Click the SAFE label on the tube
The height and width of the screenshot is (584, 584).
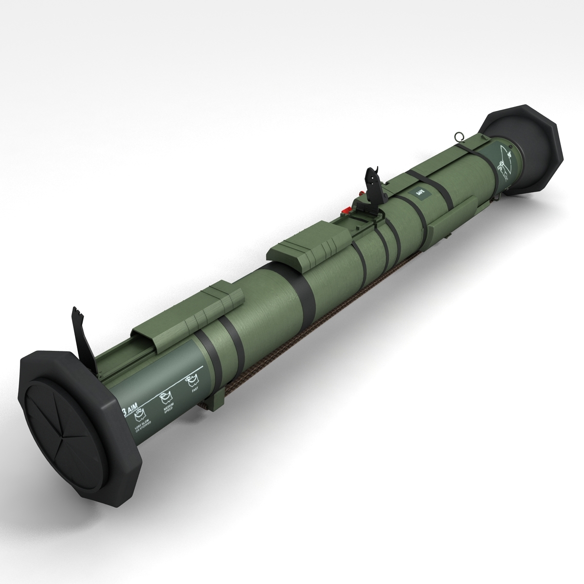tap(420, 194)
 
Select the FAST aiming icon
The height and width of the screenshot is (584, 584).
tap(193, 381)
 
